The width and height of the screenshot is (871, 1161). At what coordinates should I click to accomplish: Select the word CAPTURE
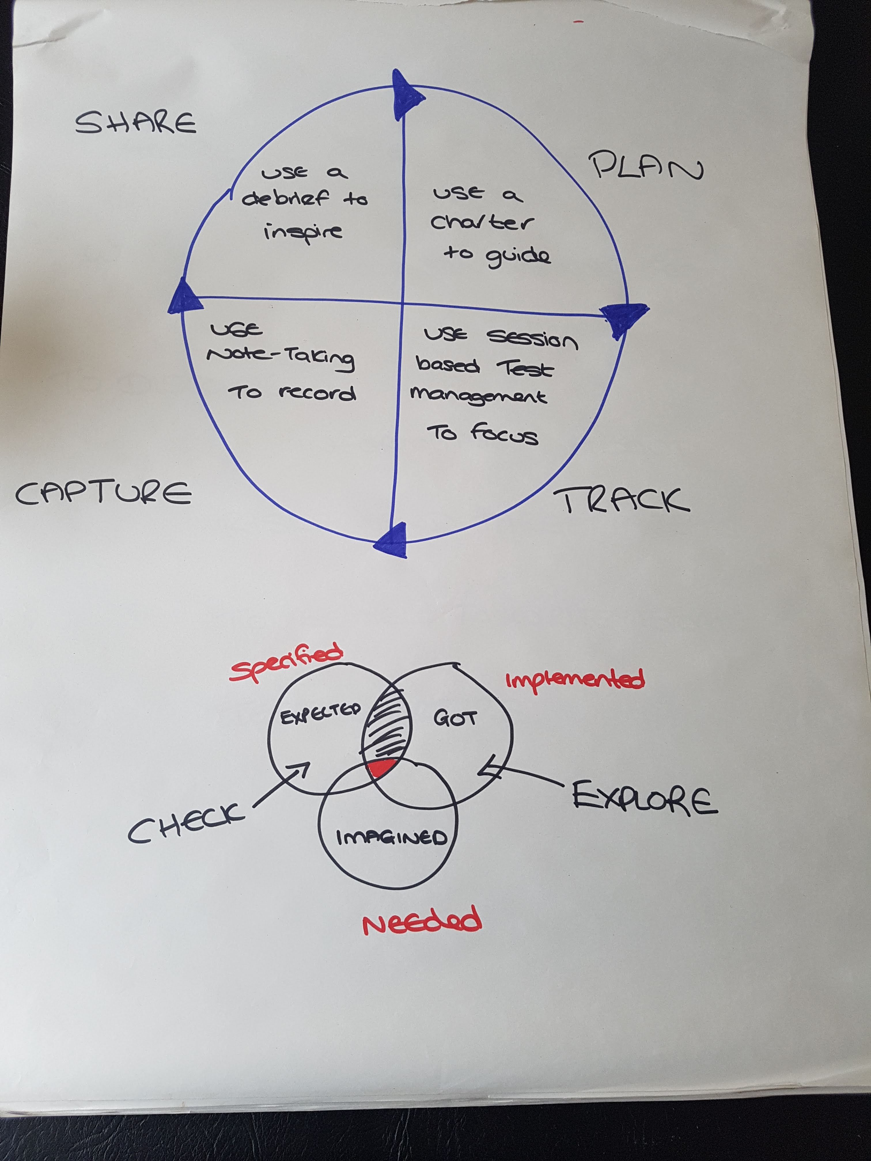point(103,494)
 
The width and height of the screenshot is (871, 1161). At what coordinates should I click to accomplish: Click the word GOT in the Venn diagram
point(455,718)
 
